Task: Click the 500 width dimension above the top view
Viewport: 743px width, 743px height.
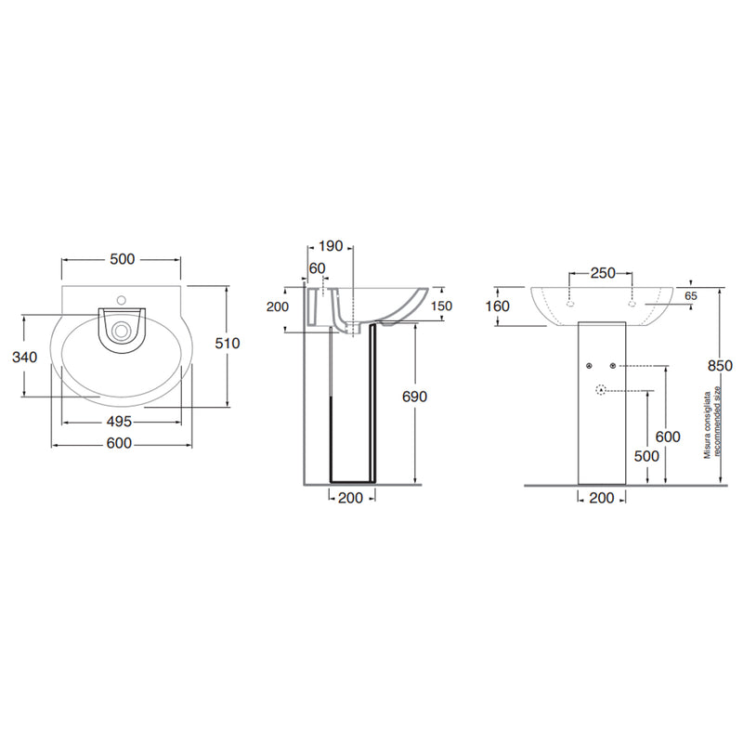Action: (123, 259)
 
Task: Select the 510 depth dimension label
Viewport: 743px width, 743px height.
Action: (228, 343)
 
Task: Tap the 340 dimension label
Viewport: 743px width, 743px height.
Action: (25, 357)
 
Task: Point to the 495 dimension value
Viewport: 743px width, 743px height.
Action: (119, 422)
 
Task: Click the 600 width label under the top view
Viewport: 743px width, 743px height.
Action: (119, 443)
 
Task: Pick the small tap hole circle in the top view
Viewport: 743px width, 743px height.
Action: (122, 299)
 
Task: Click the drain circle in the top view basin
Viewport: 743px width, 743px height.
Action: (122, 331)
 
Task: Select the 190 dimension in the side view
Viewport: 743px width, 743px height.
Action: (330, 246)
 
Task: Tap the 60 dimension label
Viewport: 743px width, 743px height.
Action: (317, 268)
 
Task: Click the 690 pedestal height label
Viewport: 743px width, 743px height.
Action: (414, 397)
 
